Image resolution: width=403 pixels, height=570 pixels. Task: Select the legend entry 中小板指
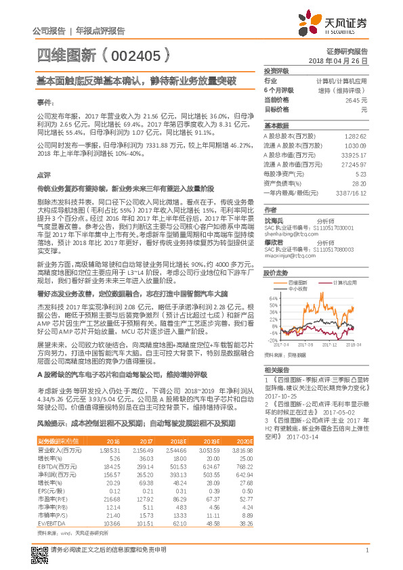coord(297,287)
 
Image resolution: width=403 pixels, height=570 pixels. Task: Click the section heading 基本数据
coord(276,126)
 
